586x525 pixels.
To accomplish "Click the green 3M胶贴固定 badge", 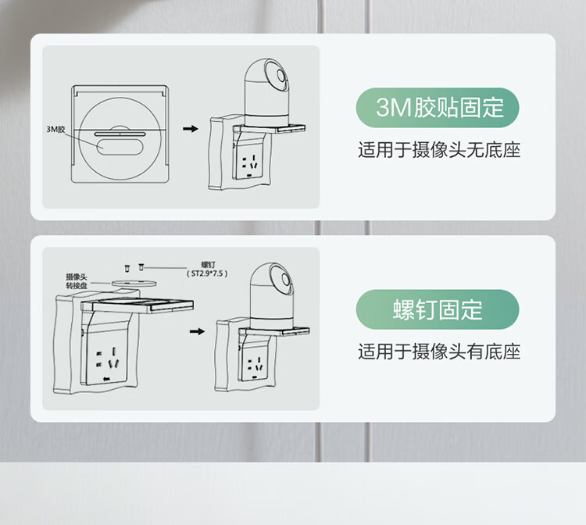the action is click(x=438, y=108).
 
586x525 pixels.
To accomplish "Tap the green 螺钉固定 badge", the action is click(x=438, y=309).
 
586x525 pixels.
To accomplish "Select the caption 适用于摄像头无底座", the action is click(x=439, y=150).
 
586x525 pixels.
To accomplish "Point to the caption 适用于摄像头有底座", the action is click(x=439, y=352).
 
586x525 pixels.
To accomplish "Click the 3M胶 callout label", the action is click(x=55, y=129).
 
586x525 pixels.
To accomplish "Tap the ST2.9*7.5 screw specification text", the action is click(x=207, y=273).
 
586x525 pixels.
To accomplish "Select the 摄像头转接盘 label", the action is click(x=77, y=281).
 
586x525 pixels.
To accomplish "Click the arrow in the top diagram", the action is click(x=191, y=129).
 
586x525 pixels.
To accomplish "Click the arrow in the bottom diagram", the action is click(x=197, y=331).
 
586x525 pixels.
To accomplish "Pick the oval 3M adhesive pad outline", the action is click(x=120, y=146).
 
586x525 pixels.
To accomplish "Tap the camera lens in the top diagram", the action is click(x=281, y=77).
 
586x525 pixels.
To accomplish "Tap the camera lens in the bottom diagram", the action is click(x=286, y=279).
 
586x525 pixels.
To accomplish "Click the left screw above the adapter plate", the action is click(x=127, y=268).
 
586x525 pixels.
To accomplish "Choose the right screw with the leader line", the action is click(x=141, y=267).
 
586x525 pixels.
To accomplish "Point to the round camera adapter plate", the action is click(x=134, y=283).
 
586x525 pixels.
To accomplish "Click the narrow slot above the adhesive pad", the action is click(x=120, y=134).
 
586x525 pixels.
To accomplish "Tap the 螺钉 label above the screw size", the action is click(x=208, y=266).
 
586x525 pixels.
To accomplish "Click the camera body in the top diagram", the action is click(x=266, y=92).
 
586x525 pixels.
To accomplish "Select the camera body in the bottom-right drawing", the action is click(x=272, y=296).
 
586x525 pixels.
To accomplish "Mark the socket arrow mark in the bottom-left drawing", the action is click(x=107, y=379).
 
